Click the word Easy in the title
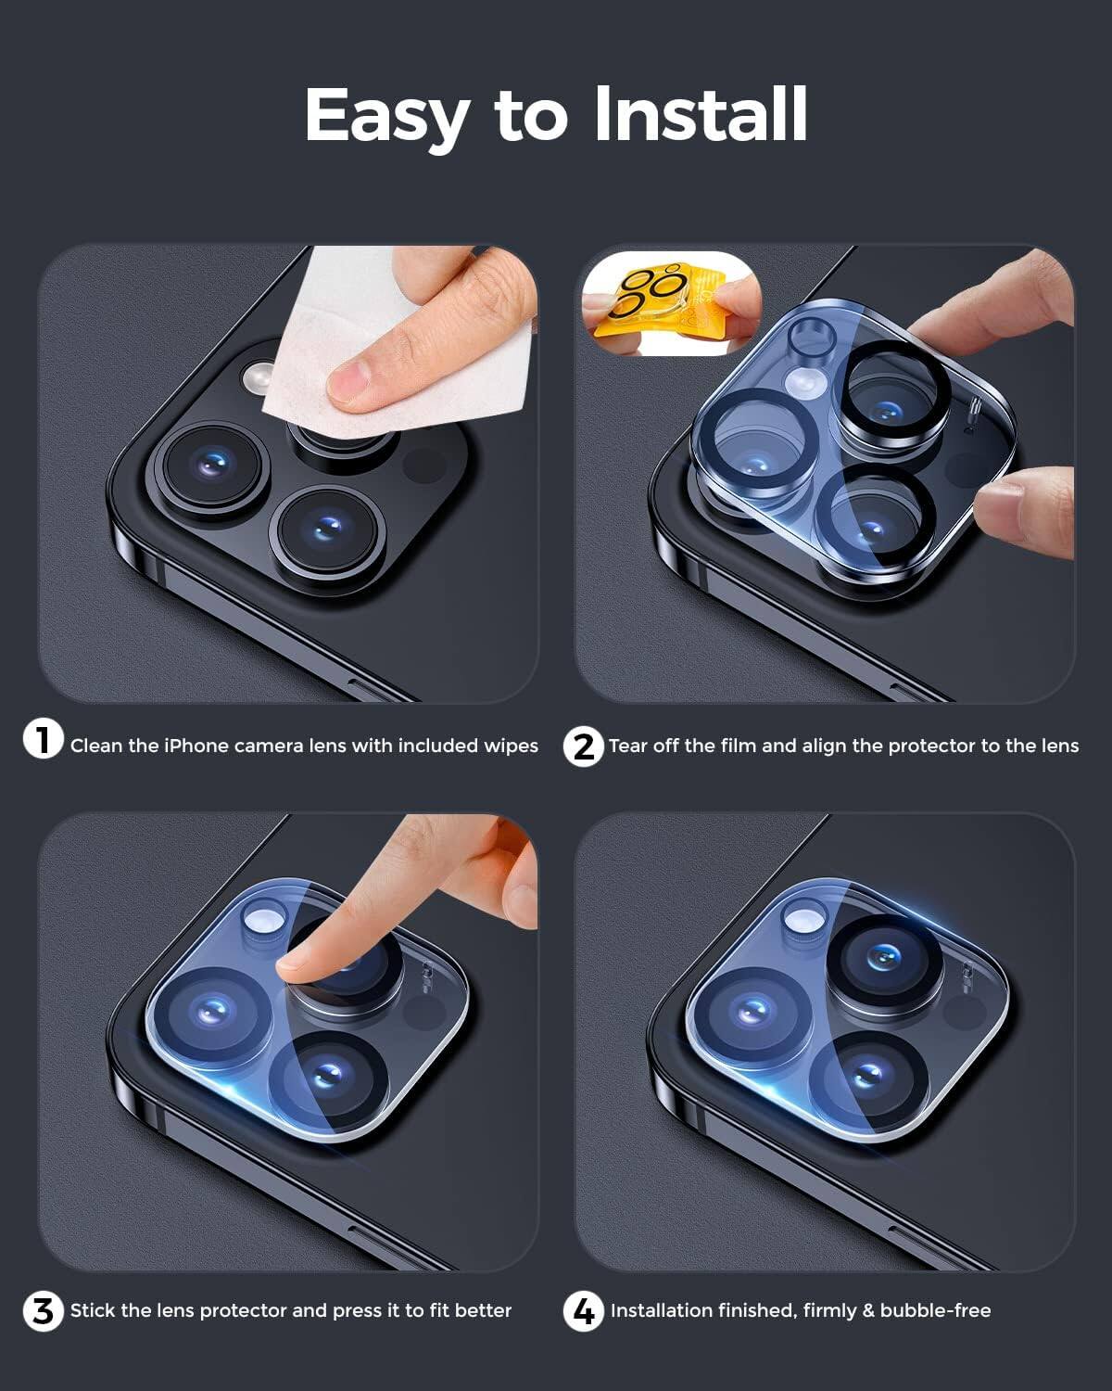click(387, 115)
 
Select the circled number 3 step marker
click(43, 1311)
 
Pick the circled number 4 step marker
click(584, 1311)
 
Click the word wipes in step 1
click(511, 747)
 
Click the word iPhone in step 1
click(196, 747)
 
